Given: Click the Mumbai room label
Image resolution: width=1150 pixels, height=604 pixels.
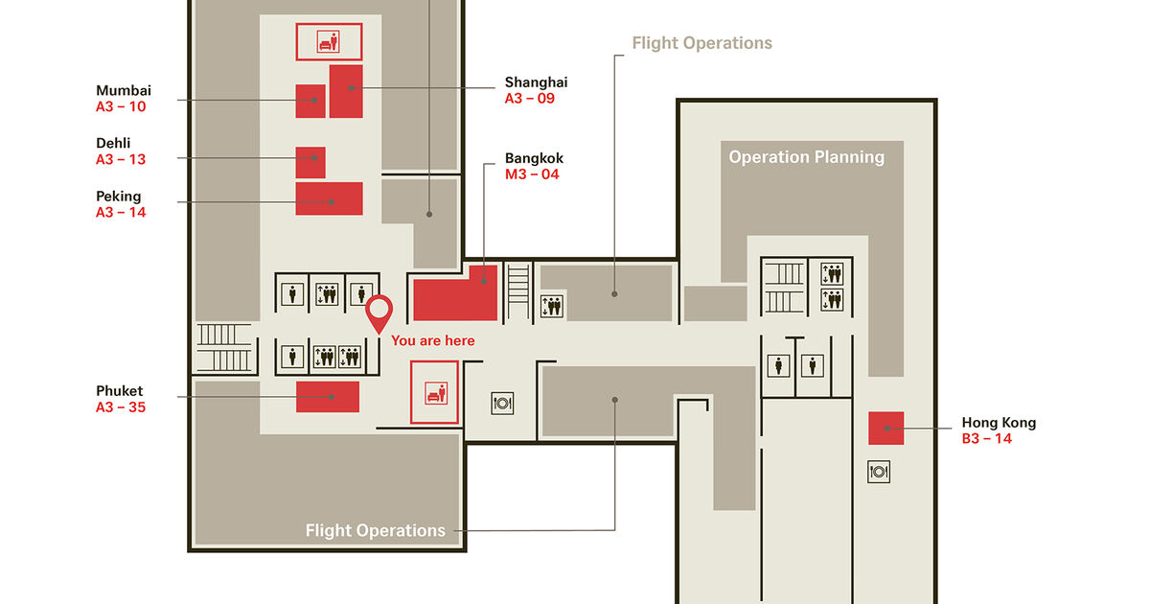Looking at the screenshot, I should [124, 91].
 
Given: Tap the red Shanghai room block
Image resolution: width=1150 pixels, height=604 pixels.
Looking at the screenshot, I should [346, 91].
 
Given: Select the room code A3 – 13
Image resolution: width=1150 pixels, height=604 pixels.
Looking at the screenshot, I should [121, 159].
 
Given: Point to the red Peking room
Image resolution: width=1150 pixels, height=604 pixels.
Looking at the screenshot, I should [329, 198].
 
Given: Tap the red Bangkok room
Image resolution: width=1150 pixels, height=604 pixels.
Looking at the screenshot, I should [455, 298].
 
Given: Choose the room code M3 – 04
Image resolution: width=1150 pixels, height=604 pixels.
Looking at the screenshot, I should [532, 174].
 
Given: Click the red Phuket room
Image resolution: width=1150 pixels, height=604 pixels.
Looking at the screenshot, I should [327, 396].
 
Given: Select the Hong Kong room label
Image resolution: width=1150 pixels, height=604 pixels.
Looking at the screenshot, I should [999, 423].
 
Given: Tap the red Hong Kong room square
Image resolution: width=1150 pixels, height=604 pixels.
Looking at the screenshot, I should [886, 428].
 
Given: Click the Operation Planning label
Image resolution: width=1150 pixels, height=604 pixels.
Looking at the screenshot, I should [807, 157].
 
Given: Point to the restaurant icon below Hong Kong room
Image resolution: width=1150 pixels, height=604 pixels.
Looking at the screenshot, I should [879, 471].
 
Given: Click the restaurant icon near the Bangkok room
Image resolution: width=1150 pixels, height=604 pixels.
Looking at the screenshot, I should [502, 403].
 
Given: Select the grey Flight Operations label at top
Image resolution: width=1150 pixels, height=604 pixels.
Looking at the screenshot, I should [702, 43].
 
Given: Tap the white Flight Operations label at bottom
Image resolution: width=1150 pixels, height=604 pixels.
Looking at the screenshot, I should [376, 530].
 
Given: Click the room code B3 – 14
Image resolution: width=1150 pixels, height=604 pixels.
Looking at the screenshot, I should [987, 439].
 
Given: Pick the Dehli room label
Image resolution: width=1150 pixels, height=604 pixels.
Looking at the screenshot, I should [113, 144].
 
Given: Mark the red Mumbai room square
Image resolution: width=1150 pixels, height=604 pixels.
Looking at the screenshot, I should [310, 101].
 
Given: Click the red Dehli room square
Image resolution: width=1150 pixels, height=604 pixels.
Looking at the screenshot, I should [310, 162].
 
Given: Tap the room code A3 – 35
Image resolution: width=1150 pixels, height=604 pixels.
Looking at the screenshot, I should [121, 407].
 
